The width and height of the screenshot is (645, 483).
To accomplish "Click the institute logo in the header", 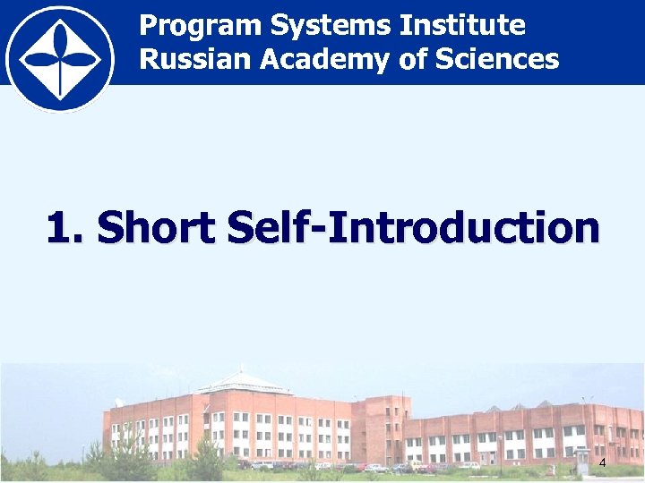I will pyautogui.click(x=59, y=59).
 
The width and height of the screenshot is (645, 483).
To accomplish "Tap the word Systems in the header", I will pyautogui.click(x=331, y=26).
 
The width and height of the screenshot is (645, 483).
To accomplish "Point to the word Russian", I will pyautogui.click(x=194, y=60).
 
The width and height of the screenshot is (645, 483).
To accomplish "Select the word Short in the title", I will pyautogui.click(x=157, y=227).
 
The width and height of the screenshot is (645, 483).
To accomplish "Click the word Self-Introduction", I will pyautogui.click(x=414, y=227).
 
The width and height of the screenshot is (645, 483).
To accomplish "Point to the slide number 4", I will pyautogui.click(x=602, y=462).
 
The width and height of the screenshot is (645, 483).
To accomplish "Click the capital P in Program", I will pyautogui.click(x=149, y=26).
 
